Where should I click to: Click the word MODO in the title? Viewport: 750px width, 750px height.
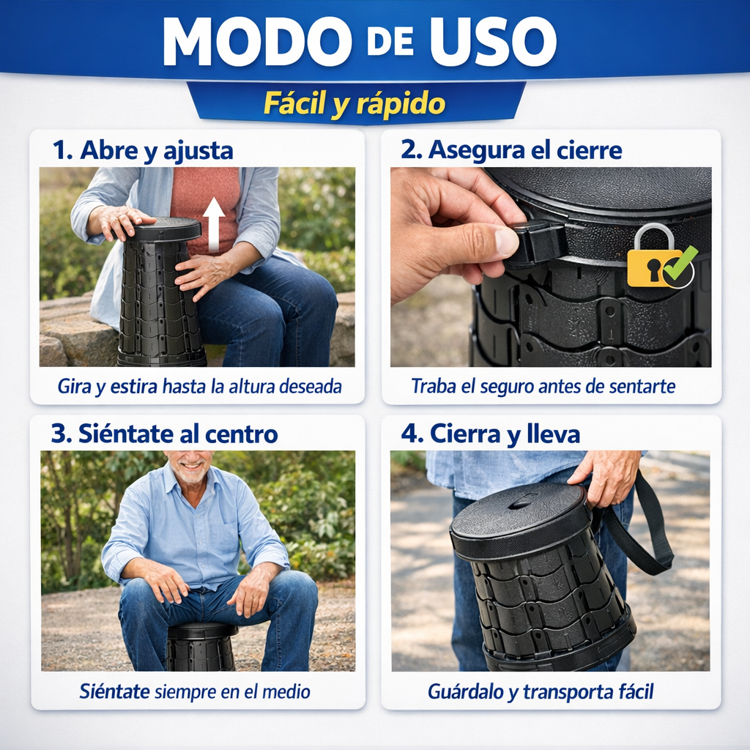257,42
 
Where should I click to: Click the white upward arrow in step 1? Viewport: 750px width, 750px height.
214,225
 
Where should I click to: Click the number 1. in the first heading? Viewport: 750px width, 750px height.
62,150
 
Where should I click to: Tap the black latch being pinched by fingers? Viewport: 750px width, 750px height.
540,244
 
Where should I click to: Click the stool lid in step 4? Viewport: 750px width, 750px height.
521,516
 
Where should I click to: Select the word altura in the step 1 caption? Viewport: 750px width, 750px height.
250,386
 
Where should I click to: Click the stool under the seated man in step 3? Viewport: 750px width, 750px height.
201,647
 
